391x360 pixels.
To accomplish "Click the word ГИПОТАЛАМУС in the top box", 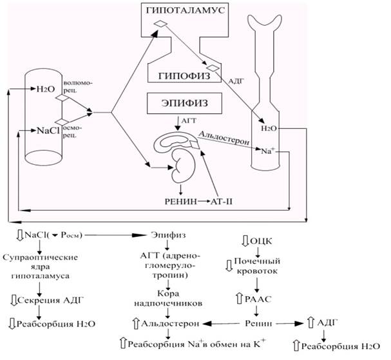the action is tap(186, 10).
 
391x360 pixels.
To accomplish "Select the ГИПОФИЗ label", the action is tap(184, 76).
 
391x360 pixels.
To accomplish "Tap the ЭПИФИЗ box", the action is tap(184, 104).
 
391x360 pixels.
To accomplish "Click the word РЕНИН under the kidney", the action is tap(181, 201).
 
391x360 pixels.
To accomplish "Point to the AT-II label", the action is tap(222, 201).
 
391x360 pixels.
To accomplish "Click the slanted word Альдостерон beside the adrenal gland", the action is tap(224, 138).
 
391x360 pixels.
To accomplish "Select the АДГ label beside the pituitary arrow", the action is tap(236, 81).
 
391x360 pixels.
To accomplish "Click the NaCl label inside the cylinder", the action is tap(48, 130).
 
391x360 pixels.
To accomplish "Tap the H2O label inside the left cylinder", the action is tap(45, 89).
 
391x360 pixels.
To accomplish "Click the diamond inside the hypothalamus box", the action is tap(160, 24).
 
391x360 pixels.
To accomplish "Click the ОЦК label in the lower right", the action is tap(261, 242).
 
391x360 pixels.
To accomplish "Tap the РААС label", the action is tap(258, 299).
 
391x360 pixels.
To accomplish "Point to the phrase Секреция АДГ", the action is tap(50, 300).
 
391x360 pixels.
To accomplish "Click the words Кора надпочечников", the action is tap(168, 298).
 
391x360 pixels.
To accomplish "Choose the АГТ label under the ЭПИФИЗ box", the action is tap(189, 121).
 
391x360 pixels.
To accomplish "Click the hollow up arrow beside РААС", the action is tap(240, 299).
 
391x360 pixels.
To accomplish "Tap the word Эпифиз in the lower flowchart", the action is tap(168, 235).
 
